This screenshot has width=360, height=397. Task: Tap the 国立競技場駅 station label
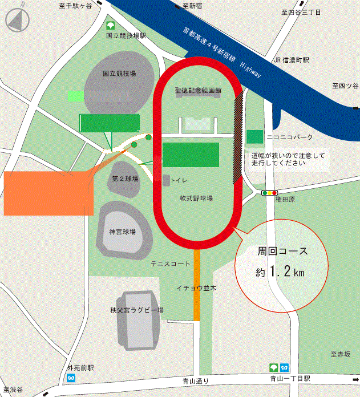(x=126, y=35)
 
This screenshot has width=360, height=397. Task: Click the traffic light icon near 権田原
(x=269, y=193)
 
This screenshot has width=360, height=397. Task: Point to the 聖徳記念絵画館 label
(x=199, y=90)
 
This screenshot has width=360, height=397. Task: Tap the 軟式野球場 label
(x=196, y=198)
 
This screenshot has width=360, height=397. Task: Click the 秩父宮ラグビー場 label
(x=137, y=310)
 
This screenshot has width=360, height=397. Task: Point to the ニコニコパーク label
(x=291, y=137)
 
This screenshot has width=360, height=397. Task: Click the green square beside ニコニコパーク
(x=255, y=137)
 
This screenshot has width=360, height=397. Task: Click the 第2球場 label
(x=126, y=179)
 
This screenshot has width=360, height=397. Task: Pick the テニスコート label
(x=170, y=264)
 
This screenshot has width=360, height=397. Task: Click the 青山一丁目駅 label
(x=290, y=379)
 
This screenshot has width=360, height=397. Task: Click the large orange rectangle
(x=48, y=192)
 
